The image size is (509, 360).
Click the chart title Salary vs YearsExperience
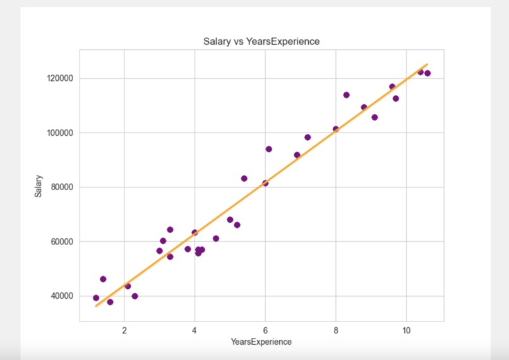pos(261,42)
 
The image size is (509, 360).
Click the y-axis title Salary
pos(38,186)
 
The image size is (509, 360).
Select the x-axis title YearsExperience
pos(261,342)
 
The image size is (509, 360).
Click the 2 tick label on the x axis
pos(124,330)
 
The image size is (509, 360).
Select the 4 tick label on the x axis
pos(195,330)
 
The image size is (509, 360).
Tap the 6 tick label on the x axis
pos(265,330)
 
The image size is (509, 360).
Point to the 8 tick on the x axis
pos(335,330)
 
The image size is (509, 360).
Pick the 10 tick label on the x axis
pos(406,330)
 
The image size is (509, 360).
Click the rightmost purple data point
pos(428,73)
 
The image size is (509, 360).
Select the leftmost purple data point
pos(96,298)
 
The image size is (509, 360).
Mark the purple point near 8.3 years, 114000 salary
pos(346,95)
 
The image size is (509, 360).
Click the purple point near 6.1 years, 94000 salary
pos(268,149)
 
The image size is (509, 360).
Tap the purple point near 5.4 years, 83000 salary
pos(244,178)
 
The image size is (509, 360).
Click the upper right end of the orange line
pos(428,64)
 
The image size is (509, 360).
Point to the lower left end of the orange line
pos(96,306)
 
